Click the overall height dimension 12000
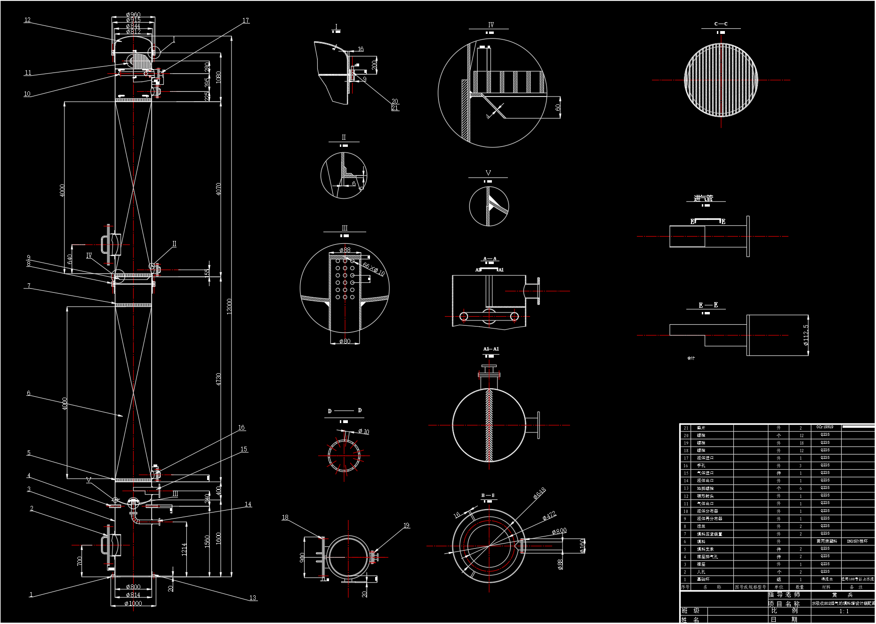pyautogui.click(x=229, y=306)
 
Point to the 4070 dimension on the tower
pyautogui.click(x=218, y=189)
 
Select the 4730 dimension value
pyautogui.click(x=218, y=379)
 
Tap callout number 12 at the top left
pyautogui.click(x=27, y=20)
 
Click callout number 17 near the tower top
pyautogui.click(x=246, y=20)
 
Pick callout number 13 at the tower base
pyautogui.click(x=253, y=598)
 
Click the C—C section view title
pyautogui.click(x=721, y=24)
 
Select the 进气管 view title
pyautogui.click(x=703, y=198)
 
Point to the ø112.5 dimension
pyautogui.click(x=806, y=335)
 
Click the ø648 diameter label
pyautogui.click(x=539, y=493)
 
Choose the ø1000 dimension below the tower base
pyautogui.click(x=133, y=603)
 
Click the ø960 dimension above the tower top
pyautogui.click(x=133, y=15)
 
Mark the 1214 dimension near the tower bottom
pyautogui.click(x=184, y=549)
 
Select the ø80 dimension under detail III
pyautogui.click(x=345, y=341)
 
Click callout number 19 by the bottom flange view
pyautogui.click(x=406, y=525)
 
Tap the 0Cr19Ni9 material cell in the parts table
pyautogui.click(x=825, y=427)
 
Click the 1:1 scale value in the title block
pyautogui.click(x=844, y=611)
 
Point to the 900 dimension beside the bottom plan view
pyautogui.click(x=302, y=558)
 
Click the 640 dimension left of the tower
pyautogui.click(x=70, y=259)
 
